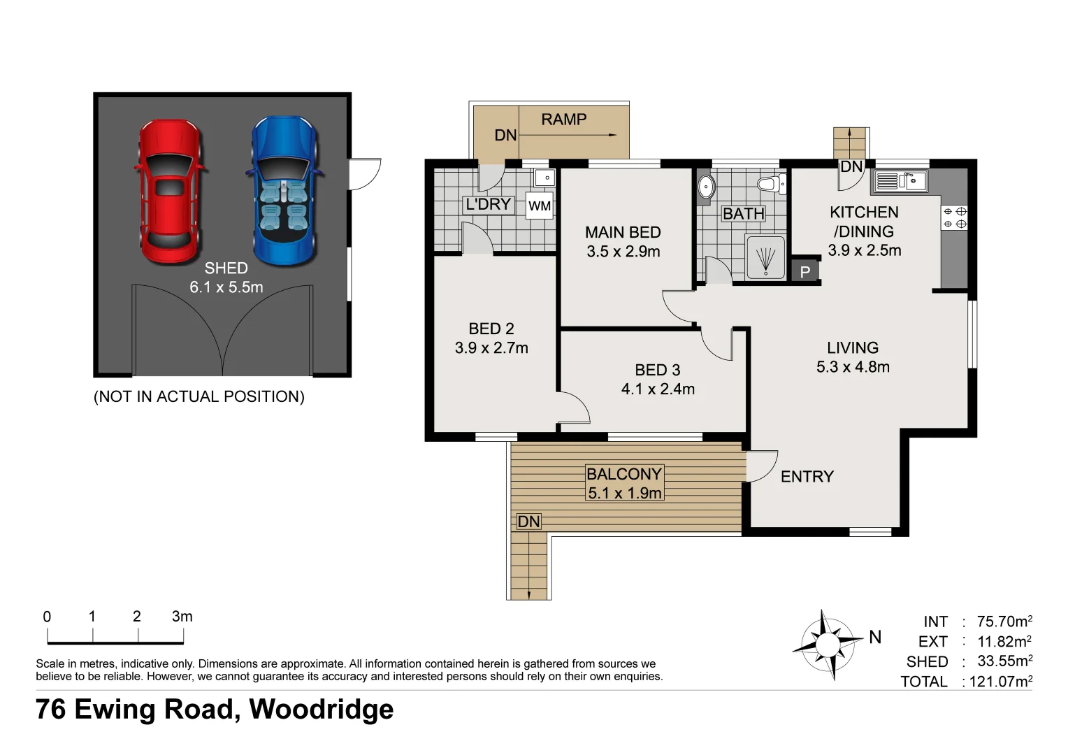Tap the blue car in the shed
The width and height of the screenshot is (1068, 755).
284,189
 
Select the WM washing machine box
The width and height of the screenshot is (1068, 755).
539,206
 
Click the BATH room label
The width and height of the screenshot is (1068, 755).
743,213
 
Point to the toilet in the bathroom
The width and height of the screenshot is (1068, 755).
771,184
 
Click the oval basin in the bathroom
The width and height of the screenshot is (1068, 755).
707,187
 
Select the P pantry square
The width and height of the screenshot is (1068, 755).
804,271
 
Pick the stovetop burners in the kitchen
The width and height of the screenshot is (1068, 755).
954,217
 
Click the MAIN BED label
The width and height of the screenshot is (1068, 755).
623,232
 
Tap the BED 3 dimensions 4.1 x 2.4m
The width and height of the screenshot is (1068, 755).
658,389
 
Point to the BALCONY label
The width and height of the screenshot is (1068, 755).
623,473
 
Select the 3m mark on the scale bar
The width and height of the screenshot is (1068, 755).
182,617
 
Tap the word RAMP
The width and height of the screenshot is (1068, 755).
563,119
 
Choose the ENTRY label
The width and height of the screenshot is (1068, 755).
807,476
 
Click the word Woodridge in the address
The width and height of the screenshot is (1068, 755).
321,709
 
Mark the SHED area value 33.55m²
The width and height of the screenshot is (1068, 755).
1004,661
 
